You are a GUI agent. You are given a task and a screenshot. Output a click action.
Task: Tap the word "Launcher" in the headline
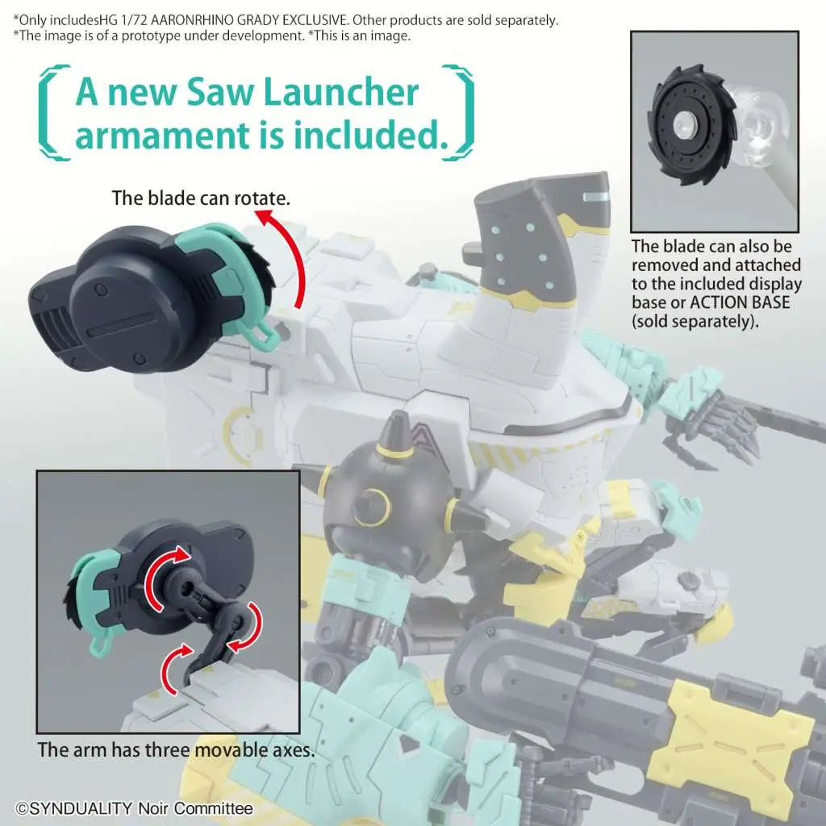point(340,92)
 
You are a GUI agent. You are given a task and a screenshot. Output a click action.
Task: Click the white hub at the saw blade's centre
point(684,124)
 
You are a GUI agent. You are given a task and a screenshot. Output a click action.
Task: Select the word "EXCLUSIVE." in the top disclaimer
point(315,20)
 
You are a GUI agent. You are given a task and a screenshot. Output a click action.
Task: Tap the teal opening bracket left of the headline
point(52,112)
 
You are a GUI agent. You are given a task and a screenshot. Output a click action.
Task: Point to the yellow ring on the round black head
point(373,506)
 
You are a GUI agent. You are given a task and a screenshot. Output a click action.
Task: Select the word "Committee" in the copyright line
point(213,808)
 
